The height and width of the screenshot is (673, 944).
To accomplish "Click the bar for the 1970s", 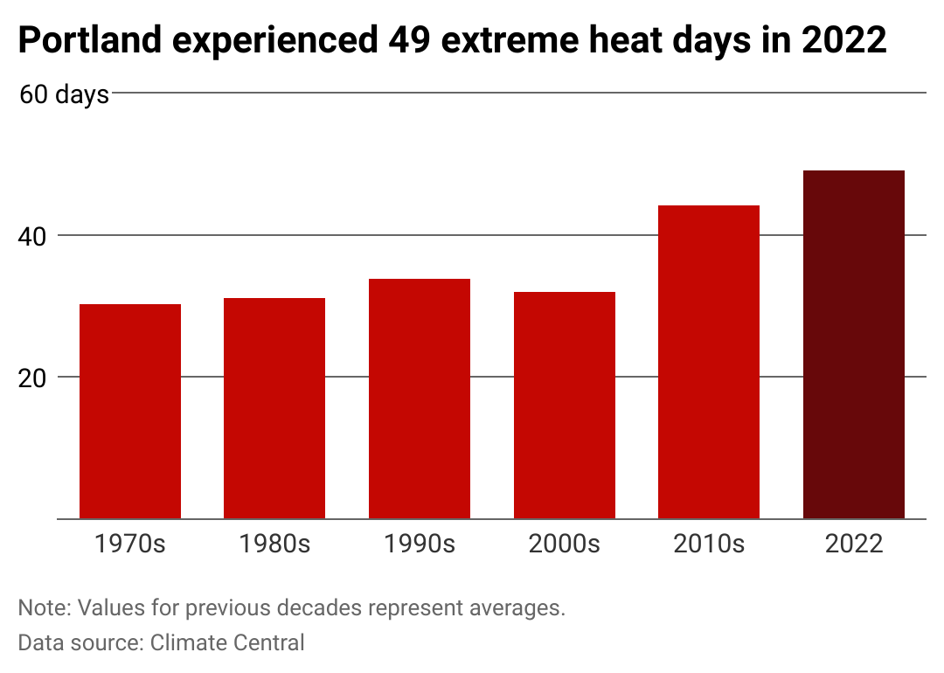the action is pos(130,411).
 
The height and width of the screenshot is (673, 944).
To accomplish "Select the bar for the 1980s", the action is pos(274,408).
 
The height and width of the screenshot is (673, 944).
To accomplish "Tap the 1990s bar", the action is pos(420,399).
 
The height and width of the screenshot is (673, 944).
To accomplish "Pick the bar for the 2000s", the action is pos(565,406).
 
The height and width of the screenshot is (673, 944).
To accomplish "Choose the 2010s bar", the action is pos(709,362).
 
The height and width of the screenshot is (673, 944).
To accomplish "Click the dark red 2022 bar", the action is pos(854,344).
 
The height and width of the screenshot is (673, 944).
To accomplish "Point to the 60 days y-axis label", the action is pos(65,95).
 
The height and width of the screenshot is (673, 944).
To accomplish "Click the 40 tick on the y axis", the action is pos(32,237).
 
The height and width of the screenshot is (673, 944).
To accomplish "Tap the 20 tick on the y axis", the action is pos(32,378).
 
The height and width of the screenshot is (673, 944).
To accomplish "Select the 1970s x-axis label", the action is pos(130,544).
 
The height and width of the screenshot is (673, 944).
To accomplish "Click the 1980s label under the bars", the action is pos(274,544).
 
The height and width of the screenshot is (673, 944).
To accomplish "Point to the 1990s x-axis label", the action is pos(420,544).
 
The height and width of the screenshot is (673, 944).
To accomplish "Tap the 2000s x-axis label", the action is pos(565,544).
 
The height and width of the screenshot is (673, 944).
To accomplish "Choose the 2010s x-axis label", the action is pos(709,544).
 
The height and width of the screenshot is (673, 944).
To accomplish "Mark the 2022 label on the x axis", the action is pos(854,544).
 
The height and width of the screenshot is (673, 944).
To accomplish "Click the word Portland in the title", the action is pos(90,40).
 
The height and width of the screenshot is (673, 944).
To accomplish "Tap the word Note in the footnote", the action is pos(45,608).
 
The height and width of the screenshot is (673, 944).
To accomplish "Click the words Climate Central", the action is pos(227,643).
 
